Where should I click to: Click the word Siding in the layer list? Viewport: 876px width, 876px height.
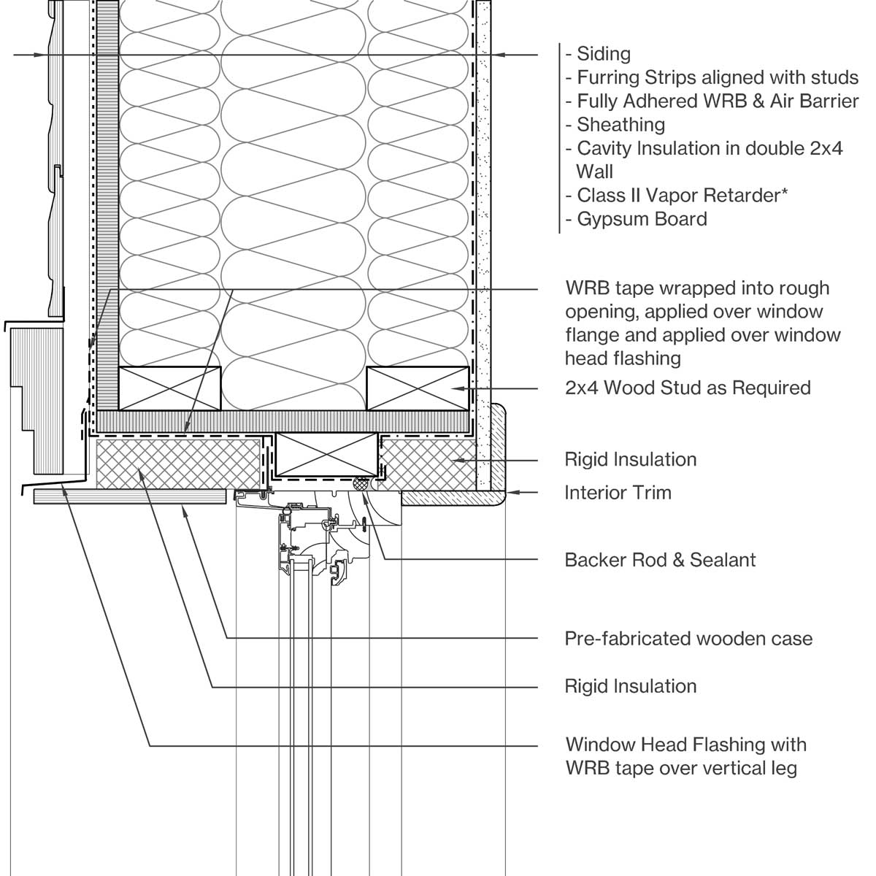(603, 53)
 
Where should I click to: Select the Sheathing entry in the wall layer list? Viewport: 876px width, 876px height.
(620, 125)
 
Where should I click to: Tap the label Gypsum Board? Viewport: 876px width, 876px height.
(642, 219)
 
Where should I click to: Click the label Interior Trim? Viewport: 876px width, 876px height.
(618, 493)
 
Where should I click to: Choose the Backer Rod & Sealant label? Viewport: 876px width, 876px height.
(660, 560)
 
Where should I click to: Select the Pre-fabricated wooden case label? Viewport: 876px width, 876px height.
(688, 639)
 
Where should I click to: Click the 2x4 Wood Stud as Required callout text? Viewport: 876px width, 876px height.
(688, 387)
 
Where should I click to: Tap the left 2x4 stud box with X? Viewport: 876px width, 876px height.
(169, 388)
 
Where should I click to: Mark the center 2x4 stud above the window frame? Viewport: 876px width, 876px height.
(326, 453)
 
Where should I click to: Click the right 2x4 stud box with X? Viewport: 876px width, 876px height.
(417, 388)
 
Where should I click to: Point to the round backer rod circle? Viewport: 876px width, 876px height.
(360, 483)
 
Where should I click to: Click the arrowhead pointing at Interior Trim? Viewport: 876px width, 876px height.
(511, 493)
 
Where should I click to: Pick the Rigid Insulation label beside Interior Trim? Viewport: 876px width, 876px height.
(630, 459)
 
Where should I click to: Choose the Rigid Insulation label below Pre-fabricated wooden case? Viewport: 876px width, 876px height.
(630, 686)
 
